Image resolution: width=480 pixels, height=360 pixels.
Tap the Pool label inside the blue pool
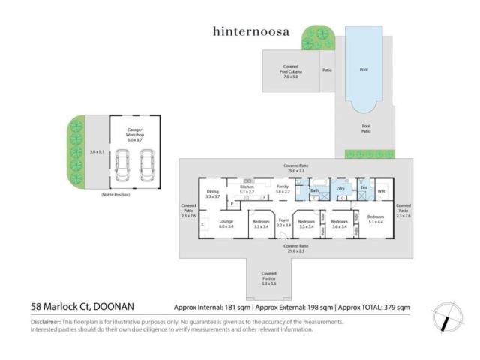point(364,70)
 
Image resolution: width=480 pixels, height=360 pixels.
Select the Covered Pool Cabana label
point(291,71)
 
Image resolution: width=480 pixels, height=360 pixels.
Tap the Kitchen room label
point(247,189)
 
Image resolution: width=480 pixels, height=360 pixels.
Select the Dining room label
point(213,194)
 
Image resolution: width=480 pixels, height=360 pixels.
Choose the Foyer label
point(283,222)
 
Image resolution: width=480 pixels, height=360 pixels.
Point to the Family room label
point(283,189)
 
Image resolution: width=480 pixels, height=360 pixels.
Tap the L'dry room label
point(340,189)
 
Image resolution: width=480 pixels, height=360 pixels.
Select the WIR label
point(381,191)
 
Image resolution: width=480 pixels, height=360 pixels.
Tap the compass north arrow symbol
point(447,316)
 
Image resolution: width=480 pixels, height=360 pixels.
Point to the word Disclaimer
point(46,322)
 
